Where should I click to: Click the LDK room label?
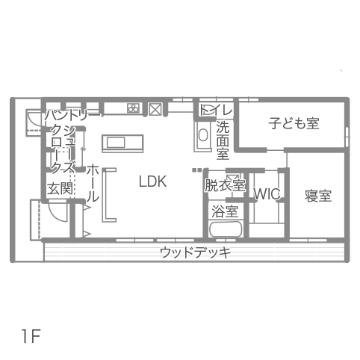click(x=152, y=181)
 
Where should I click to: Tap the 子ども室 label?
click(x=294, y=123)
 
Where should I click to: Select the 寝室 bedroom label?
click(x=318, y=196)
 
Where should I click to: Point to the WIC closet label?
click(x=267, y=194)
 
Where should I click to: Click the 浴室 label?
click(x=225, y=211)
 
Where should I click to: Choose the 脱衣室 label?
click(x=225, y=185)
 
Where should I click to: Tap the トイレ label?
click(x=216, y=110)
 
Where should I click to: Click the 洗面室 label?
click(x=223, y=140)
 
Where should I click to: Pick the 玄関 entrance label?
click(x=60, y=188)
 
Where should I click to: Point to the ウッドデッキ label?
click(x=196, y=253)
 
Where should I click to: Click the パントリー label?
click(x=73, y=116)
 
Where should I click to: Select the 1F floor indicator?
click(x=31, y=336)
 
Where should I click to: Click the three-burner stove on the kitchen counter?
click(x=134, y=108)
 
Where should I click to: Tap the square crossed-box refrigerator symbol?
click(x=155, y=109)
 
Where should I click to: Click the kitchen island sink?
click(x=116, y=143)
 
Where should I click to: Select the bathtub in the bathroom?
click(x=226, y=229)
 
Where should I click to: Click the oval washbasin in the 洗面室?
click(x=203, y=134)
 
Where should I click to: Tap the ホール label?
click(x=93, y=183)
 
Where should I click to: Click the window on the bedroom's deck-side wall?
click(x=308, y=240)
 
